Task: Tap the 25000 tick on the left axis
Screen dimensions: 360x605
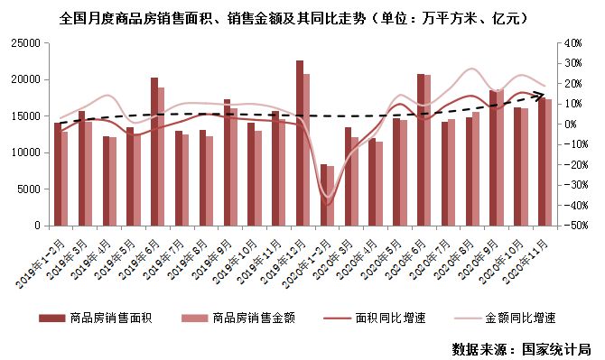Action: point(27,42)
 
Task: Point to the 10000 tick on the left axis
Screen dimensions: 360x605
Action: point(27,152)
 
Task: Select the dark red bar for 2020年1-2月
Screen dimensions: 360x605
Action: point(324,195)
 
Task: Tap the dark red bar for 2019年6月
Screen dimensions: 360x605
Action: point(154,152)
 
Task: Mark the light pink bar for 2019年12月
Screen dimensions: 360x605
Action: point(307,150)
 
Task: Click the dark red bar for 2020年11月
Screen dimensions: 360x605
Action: point(541,161)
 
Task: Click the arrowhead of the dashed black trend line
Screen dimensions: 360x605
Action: point(540,93)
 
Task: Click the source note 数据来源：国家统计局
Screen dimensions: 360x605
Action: point(521,347)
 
